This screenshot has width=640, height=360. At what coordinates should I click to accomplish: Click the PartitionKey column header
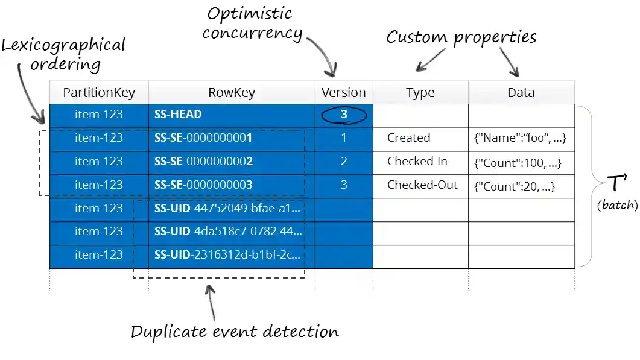pos(99,93)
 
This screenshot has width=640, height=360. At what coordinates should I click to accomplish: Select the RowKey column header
pos(232,93)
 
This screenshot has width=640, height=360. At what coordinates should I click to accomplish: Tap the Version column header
pos(343,93)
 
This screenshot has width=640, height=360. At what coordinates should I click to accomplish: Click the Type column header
pos(420,93)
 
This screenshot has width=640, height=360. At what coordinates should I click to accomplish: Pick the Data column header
pos(521,93)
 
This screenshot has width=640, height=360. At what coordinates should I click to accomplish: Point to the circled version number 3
pos(344,115)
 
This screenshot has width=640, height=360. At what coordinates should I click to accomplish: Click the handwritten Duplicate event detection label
pos(235,332)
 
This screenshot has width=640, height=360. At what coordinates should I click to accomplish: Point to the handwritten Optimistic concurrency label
pos(252,23)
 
